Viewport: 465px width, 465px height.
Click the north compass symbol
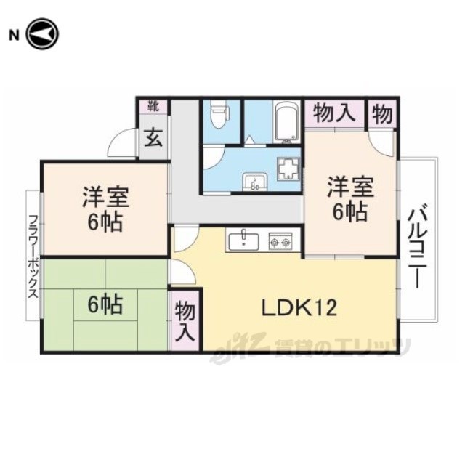coord(43,34)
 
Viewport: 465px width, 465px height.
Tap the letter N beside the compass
coord(14,36)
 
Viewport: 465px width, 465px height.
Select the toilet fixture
coord(218,114)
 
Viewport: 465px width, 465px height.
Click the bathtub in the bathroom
coord(286,121)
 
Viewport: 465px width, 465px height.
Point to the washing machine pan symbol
coord(288,169)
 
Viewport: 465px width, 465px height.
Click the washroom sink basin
coord(254,182)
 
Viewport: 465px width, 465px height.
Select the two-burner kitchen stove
coord(280,241)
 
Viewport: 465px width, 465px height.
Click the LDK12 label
coord(299,307)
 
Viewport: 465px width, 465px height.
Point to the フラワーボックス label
coord(33,256)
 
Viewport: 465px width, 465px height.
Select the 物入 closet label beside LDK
coord(185,321)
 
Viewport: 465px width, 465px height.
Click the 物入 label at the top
coord(334,113)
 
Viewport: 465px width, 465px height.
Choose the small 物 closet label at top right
coord(383,115)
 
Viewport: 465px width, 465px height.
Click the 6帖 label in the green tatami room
coord(105,305)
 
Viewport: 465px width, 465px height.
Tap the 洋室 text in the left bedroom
coord(105,196)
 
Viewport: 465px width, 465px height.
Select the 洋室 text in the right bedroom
coord(350,187)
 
